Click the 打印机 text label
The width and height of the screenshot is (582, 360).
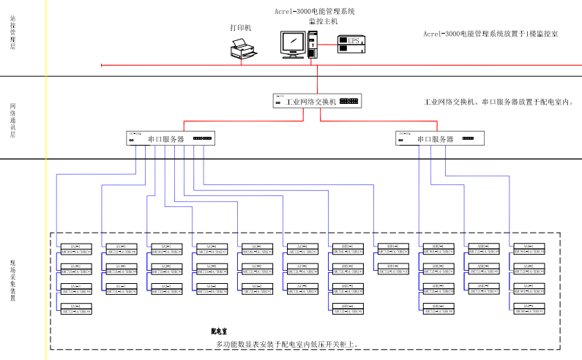tap(240, 28)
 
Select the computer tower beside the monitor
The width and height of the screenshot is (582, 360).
tap(313, 43)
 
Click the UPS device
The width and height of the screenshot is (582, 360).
tap(354, 42)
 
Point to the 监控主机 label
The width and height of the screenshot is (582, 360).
tap(323, 21)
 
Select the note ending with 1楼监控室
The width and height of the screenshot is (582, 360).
tap(490, 34)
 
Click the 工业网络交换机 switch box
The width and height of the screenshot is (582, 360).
tap(317, 102)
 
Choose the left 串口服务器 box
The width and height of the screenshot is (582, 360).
tap(171, 138)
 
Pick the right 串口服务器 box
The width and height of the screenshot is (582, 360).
tap(440, 138)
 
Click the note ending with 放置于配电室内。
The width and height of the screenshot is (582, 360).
tap(499, 102)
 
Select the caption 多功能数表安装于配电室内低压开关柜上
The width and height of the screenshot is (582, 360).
tap(286, 343)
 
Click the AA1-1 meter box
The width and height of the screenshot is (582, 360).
tap(75, 249)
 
